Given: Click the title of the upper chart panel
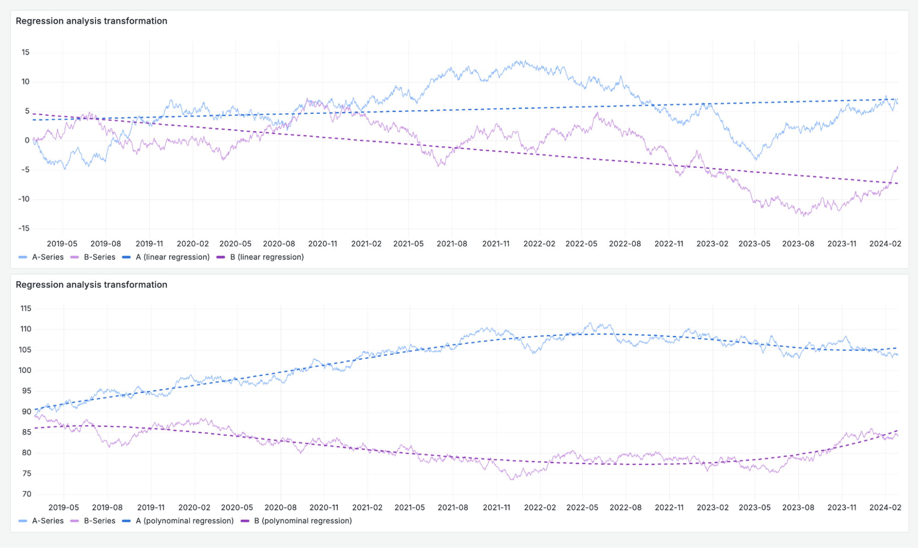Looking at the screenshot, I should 91,21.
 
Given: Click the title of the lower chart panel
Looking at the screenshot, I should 91,285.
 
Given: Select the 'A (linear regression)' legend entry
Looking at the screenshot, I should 172,257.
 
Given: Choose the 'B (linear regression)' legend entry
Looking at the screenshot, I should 267,257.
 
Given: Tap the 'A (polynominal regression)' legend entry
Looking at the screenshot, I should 185,520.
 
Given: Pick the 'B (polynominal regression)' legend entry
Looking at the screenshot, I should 303,520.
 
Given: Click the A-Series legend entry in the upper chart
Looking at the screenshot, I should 47,257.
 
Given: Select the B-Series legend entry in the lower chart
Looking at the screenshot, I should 99,520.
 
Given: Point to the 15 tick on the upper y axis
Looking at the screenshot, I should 25,52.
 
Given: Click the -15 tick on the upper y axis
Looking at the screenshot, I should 24,229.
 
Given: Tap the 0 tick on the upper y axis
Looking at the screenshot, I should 27,140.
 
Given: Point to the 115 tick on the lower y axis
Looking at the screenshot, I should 26,308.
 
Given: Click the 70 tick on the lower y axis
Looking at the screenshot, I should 27,494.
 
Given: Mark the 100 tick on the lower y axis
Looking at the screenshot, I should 25,370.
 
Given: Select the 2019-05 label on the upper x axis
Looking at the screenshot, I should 62,244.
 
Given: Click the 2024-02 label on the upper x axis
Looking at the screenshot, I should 885,244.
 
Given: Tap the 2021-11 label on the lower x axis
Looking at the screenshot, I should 496,507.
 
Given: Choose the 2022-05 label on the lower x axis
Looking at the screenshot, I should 582,507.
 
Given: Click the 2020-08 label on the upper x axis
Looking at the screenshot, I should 279,244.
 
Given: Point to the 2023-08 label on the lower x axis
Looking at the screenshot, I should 798,507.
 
